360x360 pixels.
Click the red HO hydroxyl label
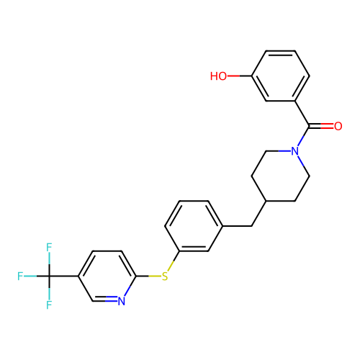click(218, 76)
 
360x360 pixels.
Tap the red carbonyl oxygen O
click(338, 126)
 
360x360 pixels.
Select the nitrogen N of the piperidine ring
click(294, 151)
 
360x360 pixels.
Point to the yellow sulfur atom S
click(165, 276)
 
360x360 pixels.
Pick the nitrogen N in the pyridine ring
click(122, 301)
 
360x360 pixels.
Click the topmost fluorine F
click(49, 247)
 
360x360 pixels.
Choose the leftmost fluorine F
click(20, 276)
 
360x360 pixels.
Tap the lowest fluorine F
click(49, 305)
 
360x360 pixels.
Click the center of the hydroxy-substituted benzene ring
click(280, 76)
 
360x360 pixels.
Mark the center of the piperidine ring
click(280, 176)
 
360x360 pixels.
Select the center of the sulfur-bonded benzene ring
click(194, 226)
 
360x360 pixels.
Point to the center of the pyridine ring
click(107, 276)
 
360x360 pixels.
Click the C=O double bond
click(321, 126)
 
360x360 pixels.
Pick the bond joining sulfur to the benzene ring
click(174, 261)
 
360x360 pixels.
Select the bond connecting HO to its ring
click(239, 76)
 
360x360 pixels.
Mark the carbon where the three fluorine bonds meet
click(49, 276)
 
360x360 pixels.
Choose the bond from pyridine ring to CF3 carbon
click(64, 276)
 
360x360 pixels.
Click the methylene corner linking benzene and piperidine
click(251, 226)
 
